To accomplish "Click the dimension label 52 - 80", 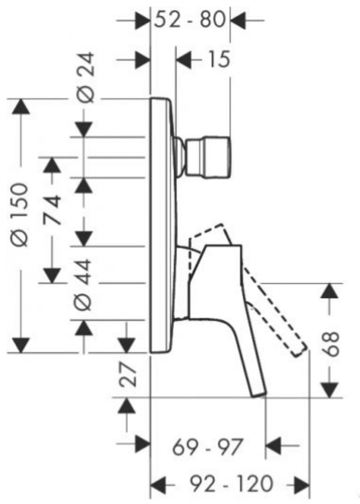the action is pyautogui.click(x=190, y=20).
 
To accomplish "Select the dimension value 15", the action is pyautogui.click(x=219, y=59).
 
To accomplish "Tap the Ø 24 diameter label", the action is pyautogui.click(x=86, y=78).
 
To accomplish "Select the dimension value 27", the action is pyautogui.click(x=128, y=375).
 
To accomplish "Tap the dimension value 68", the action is pyautogui.click(x=331, y=344).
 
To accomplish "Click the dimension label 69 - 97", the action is pyautogui.click(x=207, y=447).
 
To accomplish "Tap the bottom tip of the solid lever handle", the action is pyautogui.click(x=260, y=395).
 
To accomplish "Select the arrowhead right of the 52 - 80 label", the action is pyautogui.click(x=238, y=21).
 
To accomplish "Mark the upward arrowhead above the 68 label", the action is pyautogui.click(x=330, y=291).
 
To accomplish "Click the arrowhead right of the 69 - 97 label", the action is pyautogui.click(x=274, y=446).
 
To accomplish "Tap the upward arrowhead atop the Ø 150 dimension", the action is pyautogui.click(x=21, y=106).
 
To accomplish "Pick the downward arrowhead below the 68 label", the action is pyautogui.click(x=330, y=390).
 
